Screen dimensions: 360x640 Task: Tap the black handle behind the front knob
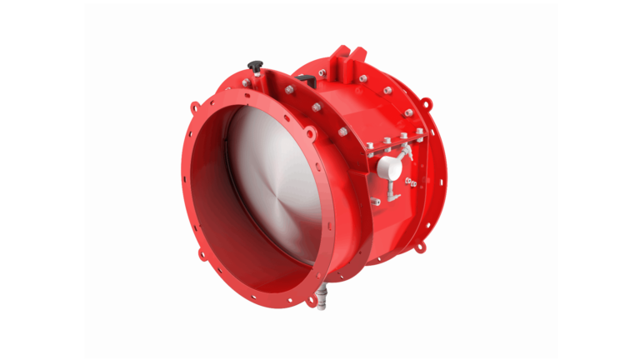305,80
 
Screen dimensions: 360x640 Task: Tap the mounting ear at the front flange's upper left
194,107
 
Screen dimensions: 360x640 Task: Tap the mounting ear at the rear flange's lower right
421,247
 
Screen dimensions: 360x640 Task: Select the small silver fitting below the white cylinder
377,201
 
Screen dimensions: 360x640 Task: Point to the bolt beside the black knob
246,82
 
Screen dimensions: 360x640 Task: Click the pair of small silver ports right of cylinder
410,182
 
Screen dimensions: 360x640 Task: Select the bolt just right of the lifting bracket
363,78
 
